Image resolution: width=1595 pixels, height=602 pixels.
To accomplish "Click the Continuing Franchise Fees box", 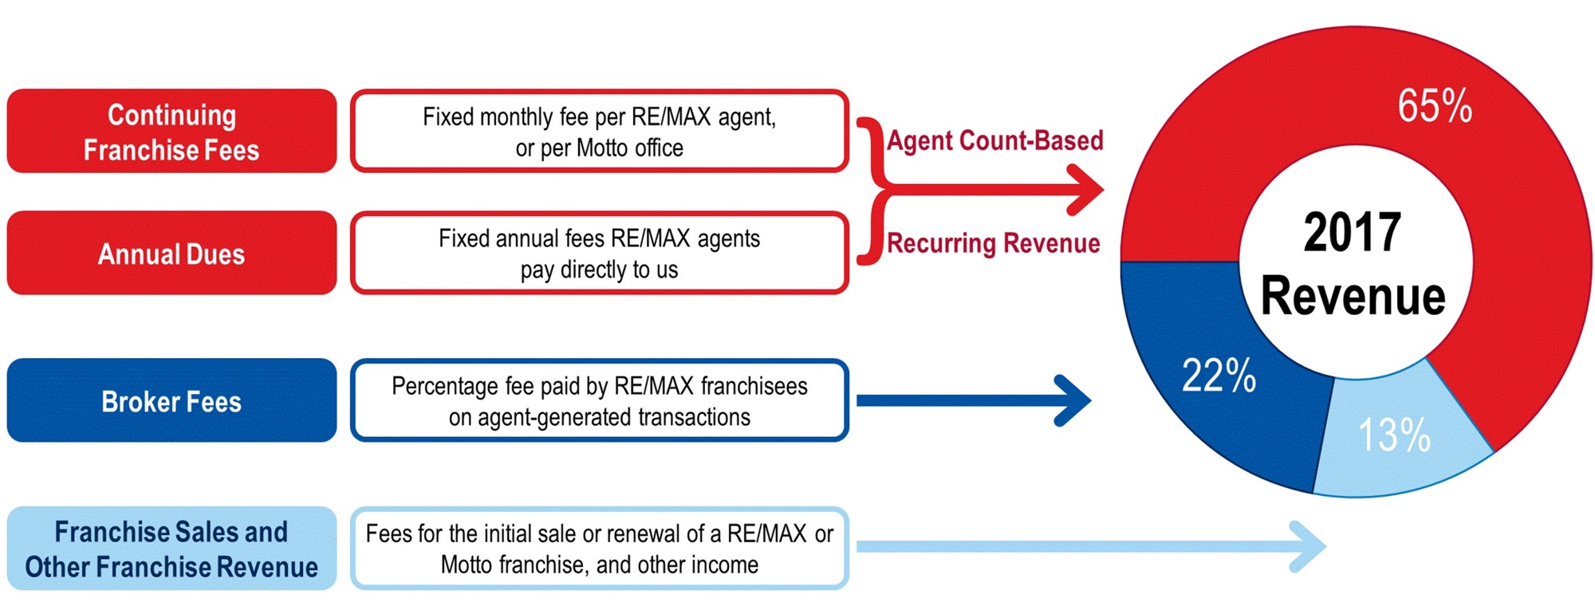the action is click(x=171, y=131).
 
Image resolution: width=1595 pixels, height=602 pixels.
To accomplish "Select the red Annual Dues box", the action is click(x=171, y=253).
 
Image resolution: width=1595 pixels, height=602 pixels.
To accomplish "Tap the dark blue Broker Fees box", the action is click(x=171, y=400).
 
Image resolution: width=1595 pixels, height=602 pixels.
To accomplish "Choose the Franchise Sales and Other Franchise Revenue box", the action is click(x=171, y=549).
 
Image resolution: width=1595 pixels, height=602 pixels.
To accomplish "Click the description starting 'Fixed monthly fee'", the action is click(x=600, y=131).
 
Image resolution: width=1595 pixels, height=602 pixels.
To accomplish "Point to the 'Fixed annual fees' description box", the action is click(x=600, y=253).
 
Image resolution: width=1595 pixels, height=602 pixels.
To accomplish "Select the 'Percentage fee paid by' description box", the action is click(x=600, y=400).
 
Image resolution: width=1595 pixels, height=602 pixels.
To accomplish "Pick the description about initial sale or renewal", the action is click(x=600, y=549).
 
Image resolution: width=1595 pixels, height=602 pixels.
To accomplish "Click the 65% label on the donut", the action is click(x=1435, y=106).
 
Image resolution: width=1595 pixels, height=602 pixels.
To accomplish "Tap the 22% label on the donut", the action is click(x=1219, y=375).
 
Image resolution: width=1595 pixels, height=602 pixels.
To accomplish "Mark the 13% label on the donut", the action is click(x=1394, y=435).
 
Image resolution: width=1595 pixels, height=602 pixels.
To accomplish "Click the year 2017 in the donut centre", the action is click(x=1353, y=232).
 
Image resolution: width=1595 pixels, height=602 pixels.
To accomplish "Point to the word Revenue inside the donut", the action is click(x=1353, y=296).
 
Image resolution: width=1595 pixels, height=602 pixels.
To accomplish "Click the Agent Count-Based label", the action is click(x=995, y=140).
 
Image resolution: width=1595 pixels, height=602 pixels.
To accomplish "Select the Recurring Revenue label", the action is click(x=994, y=242).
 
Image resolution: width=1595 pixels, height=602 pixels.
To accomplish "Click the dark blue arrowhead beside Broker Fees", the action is click(x=1073, y=400).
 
